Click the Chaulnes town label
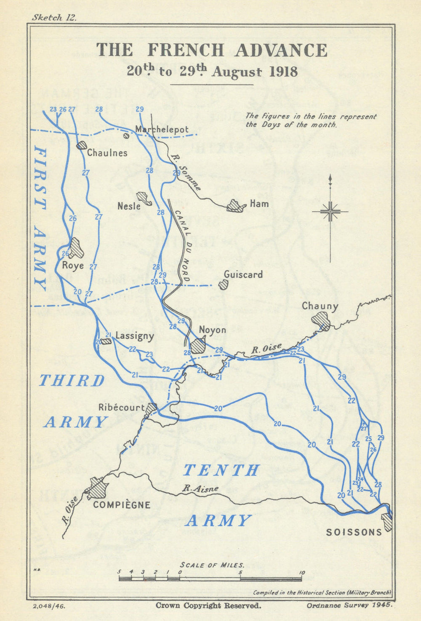click(107, 153)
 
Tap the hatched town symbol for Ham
click(235, 206)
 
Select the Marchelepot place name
click(162, 130)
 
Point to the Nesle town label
click(129, 206)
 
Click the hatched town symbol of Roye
click(77, 248)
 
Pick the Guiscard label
click(243, 275)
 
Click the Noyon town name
click(212, 330)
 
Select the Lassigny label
click(134, 336)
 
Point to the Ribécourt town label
click(121, 407)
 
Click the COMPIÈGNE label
click(122, 504)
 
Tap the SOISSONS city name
click(354, 532)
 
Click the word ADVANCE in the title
click(281, 50)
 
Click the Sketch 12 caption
click(53, 17)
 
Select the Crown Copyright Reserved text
click(208, 605)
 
